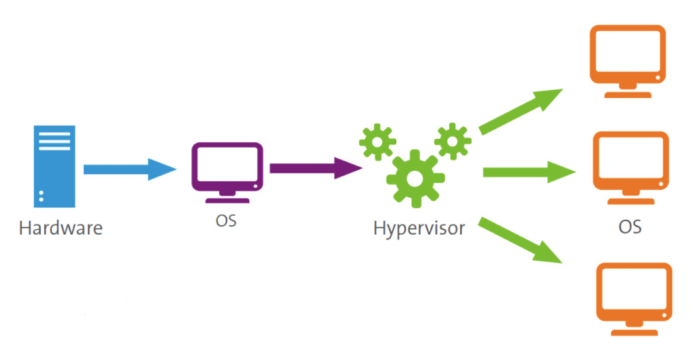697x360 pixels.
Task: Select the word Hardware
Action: click(61, 227)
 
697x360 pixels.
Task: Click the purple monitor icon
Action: click(226, 166)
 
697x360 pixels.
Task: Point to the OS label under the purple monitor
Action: click(227, 221)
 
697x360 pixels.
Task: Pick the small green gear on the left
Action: click(376, 141)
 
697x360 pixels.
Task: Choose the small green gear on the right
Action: click(451, 140)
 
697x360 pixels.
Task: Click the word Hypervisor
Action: click(419, 227)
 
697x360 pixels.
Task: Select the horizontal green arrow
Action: click(528, 173)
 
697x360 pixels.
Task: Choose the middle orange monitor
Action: click(629, 163)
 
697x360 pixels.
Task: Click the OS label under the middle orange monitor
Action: click(630, 227)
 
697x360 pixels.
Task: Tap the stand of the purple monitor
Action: click(226, 195)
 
